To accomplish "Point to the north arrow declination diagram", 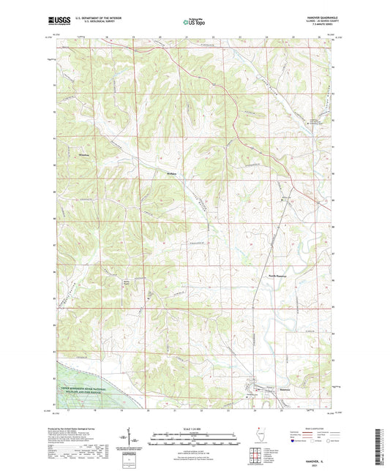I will pyautogui.click(x=136, y=439).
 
